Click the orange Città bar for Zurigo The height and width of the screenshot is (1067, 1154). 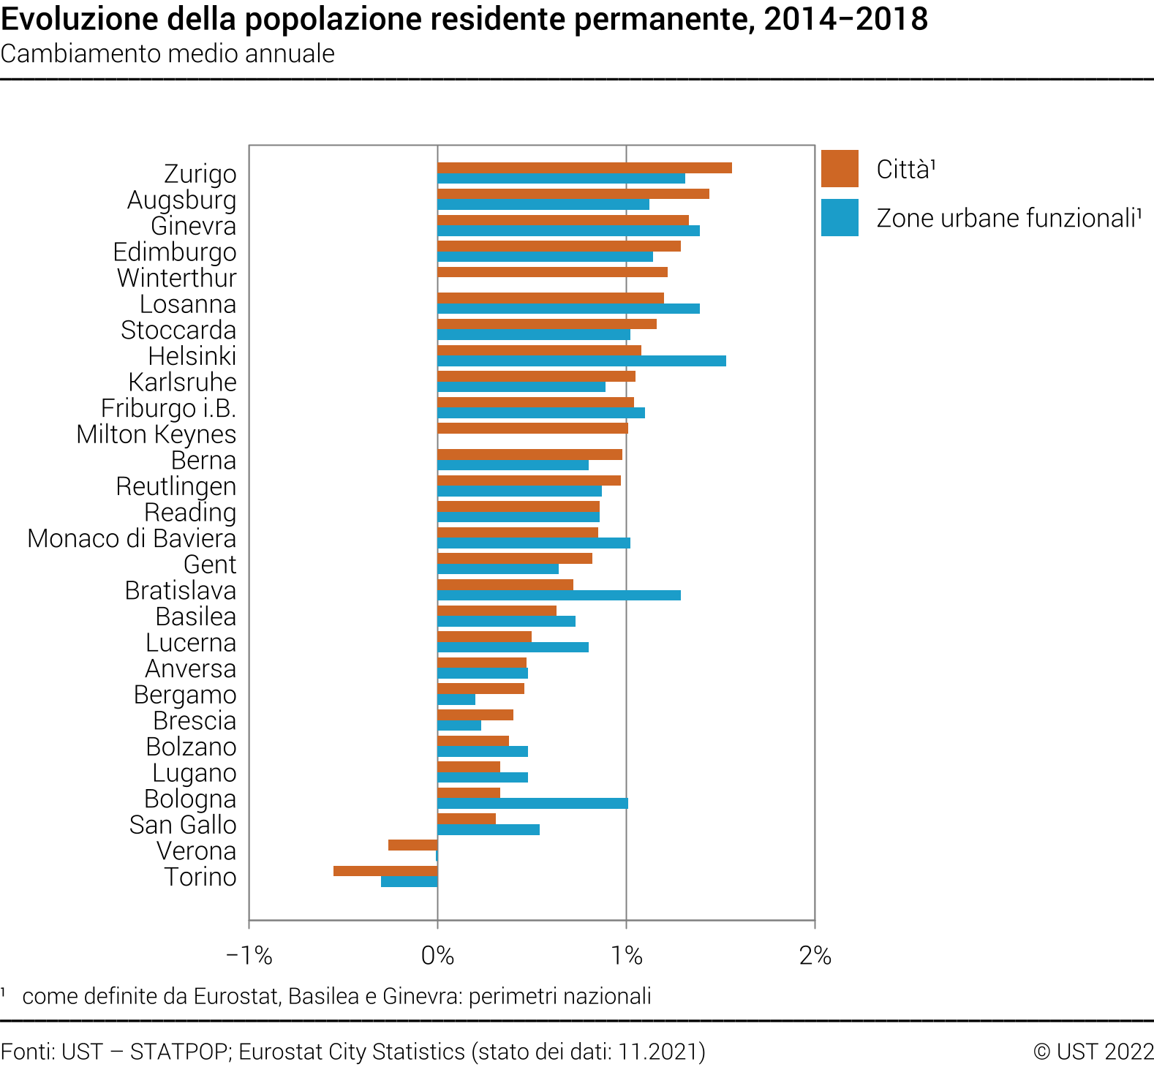click(584, 168)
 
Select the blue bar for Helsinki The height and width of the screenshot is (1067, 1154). click(581, 361)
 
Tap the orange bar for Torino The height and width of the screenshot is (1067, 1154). click(385, 871)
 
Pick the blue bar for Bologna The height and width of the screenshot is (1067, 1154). click(532, 804)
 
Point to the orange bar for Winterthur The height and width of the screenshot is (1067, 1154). click(552, 272)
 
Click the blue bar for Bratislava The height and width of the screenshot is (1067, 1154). click(559, 595)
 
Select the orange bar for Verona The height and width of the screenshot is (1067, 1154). click(412, 845)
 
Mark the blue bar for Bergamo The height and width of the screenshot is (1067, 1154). click(456, 700)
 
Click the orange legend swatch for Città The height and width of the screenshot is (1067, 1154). click(840, 169)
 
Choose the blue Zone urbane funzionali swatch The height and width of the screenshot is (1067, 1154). click(840, 218)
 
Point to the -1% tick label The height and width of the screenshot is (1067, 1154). click(249, 956)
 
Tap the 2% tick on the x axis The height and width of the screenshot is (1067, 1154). click(815, 956)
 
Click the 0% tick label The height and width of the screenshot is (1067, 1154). click(437, 956)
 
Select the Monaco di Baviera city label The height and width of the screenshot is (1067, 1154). click(132, 539)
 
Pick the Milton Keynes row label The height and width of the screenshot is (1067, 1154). click(156, 434)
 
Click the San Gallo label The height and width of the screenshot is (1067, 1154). click(183, 825)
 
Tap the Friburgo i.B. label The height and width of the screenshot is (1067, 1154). click(168, 408)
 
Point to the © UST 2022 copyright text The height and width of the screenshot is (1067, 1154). click(1093, 1052)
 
